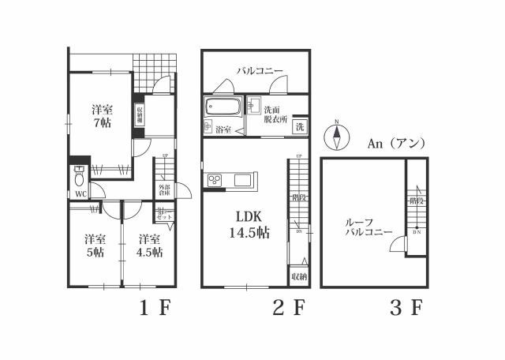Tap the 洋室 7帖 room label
point(100,116)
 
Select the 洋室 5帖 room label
point(95,246)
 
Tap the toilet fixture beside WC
point(80,175)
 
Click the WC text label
point(80,194)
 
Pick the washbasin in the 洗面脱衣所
point(254,105)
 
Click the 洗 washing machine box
point(300,127)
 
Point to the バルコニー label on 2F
point(260,72)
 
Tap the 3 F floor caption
point(405,308)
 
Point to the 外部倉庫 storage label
point(163,190)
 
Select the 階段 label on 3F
point(415,202)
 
